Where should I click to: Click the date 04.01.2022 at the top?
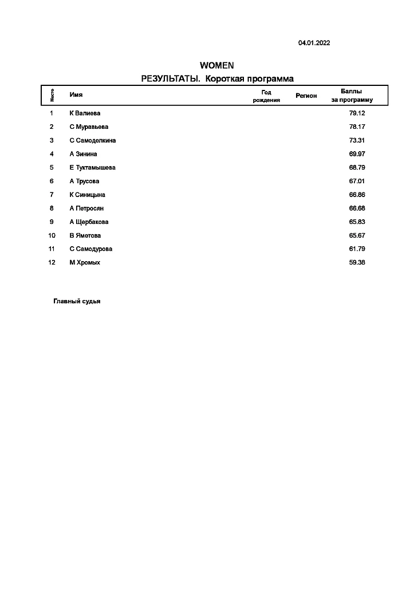click(x=314, y=43)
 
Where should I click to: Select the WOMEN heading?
click(x=216, y=65)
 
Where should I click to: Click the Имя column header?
click(x=76, y=95)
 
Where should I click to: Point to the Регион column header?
click(x=306, y=96)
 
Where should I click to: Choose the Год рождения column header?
click(x=266, y=96)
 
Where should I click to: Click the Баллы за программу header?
click(x=352, y=95)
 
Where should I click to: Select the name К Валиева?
click(x=85, y=113)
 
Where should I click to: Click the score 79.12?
click(x=357, y=113)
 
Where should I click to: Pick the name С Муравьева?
click(x=89, y=127)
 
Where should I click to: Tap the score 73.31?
click(x=357, y=140)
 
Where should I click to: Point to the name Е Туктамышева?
click(x=92, y=168)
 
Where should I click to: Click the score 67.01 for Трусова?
click(x=357, y=182)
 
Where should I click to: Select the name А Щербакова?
click(x=89, y=222)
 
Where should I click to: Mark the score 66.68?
click(x=357, y=208)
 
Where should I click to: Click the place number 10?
click(x=52, y=235)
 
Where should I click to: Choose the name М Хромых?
click(x=85, y=263)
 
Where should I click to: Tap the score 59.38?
click(x=357, y=263)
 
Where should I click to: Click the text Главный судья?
click(x=77, y=301)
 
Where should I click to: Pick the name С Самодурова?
click(x=90, y=249)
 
